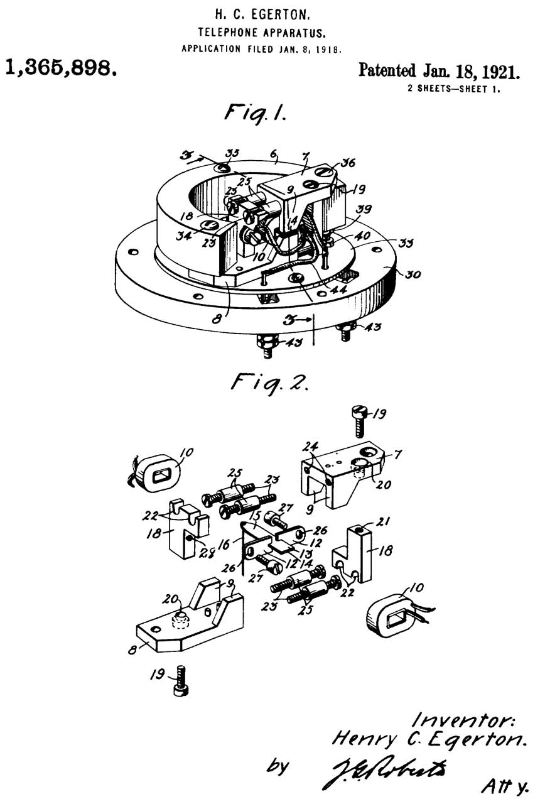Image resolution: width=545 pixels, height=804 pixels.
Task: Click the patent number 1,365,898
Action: (61, 67)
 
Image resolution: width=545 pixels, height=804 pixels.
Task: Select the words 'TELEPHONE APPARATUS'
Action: (262, 30)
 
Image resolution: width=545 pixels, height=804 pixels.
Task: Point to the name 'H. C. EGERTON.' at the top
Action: (262, 12)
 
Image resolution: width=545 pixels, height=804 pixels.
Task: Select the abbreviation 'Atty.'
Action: (505, 785)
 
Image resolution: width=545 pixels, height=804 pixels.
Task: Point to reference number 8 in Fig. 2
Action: (132, 649)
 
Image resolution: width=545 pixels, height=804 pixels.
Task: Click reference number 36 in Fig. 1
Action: (347, 162)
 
